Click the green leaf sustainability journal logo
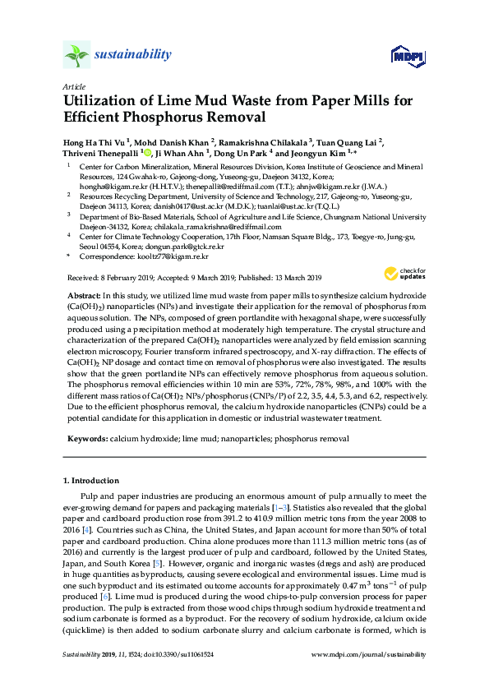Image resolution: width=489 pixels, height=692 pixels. [76, 55]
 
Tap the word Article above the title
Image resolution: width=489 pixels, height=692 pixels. [73, 86]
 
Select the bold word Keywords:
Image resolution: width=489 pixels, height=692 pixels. [86, 440]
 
